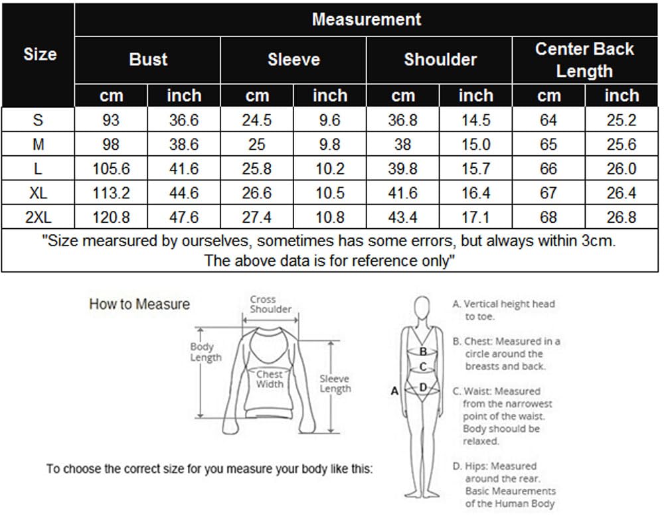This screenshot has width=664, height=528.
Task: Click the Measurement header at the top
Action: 367,19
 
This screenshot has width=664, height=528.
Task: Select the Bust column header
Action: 148,59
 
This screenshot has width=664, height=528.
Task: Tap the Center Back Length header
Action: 584,60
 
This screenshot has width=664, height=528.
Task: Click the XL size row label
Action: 38,193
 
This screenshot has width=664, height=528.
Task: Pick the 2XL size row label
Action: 38,218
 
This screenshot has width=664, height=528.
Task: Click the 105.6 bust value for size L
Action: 111,168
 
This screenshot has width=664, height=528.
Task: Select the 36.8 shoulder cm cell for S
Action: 403,120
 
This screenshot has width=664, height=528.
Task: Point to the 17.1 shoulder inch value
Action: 475,218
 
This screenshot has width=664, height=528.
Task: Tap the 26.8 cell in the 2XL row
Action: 622,218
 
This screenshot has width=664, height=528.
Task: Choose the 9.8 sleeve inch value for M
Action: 329,145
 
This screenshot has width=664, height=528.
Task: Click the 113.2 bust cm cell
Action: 111,193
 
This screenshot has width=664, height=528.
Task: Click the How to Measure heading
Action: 139,304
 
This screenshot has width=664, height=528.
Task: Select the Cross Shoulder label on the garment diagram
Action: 270,304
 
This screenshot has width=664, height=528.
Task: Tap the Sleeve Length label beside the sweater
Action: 335,384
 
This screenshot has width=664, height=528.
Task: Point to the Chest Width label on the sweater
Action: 270,379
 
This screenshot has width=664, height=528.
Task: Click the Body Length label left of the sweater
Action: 206,352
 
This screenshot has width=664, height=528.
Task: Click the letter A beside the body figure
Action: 394,391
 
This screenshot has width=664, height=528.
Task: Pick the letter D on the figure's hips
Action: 422,387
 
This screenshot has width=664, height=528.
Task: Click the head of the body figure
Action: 422,307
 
